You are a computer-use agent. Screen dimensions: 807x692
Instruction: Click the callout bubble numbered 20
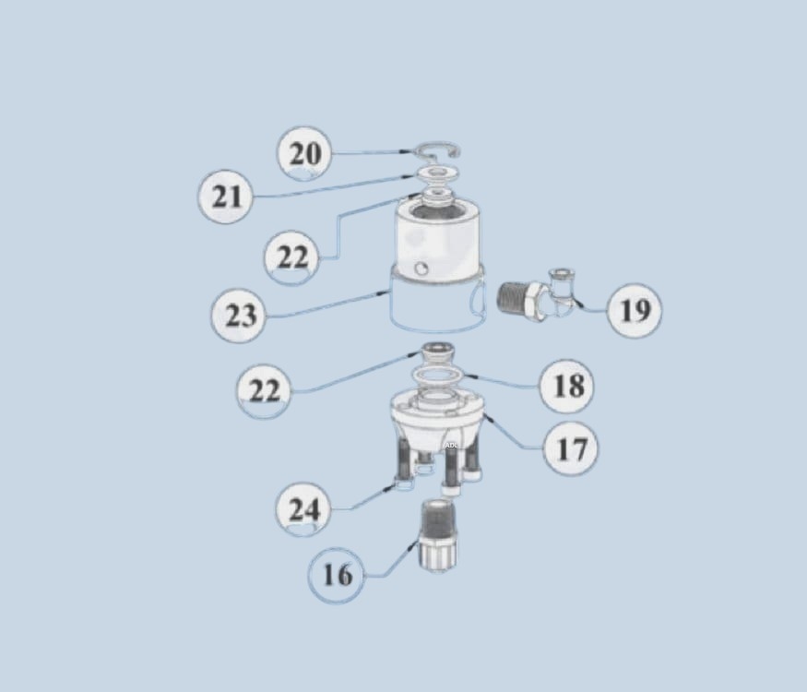point(304,153)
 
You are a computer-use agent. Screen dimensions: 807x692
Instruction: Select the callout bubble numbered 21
point(225,197)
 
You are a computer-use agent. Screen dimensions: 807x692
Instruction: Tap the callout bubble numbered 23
point(239,316)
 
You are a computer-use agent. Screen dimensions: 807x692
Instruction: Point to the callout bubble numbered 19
point(635,310)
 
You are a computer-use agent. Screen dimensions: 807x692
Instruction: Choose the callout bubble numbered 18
point(566,385)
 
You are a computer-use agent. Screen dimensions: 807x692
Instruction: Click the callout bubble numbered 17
point(571,447)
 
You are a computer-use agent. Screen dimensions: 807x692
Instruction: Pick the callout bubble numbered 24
point(303,509)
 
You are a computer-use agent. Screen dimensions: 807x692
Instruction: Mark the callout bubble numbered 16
point(337,575)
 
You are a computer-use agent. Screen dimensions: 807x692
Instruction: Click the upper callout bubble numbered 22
point(291,257)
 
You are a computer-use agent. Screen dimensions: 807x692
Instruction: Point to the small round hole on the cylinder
point(421,268)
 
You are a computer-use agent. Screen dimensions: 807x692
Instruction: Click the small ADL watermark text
point(451,445)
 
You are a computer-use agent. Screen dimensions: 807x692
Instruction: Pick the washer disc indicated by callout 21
point(437,173)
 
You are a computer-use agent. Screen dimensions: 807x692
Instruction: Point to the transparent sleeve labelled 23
point(437,304)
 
